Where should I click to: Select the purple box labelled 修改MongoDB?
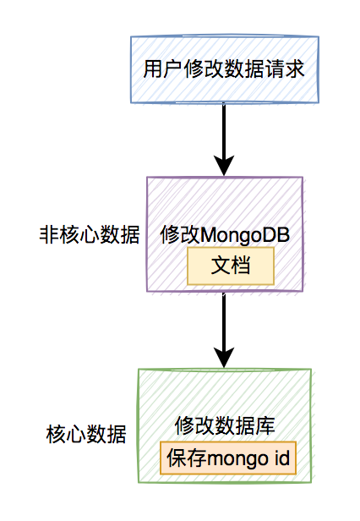[x=224, y=203]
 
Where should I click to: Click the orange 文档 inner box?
[x=231, y=266]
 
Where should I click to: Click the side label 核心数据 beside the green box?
[x=85, y=436]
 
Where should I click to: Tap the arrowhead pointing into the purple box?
[x=224, y=164]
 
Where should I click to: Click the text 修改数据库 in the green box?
[x=224, y=425]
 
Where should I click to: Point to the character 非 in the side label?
[x=48, y=236]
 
